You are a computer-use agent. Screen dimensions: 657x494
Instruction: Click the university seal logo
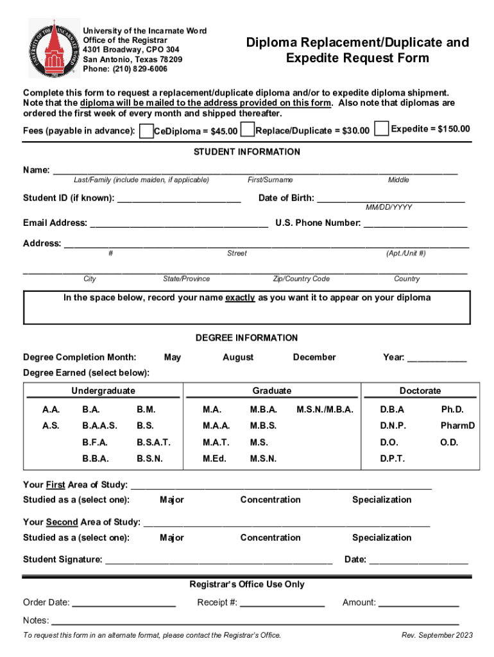coord(52,48)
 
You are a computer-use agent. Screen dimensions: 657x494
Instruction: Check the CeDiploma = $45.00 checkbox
coord(147,132)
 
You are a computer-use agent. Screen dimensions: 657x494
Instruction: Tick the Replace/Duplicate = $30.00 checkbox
coord(247,130)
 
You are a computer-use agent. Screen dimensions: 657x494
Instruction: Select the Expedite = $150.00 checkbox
coord(382,129)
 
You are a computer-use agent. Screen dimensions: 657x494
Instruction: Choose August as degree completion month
coord(238,357)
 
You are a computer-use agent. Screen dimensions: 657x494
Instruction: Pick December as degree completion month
coord(314,357)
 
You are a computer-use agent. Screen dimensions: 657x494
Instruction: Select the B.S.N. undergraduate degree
coord(149,459)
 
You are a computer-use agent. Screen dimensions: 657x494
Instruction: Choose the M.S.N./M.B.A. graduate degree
coord(325,409)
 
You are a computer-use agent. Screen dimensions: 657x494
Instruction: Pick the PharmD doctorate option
coord(457,425)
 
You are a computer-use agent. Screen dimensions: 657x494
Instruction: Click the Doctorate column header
coord(420,391)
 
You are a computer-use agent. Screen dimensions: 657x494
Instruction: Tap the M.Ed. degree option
coord(214,459)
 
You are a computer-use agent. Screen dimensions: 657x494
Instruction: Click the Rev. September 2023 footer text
coord(437,635)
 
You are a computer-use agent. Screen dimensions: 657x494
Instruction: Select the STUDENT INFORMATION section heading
coord(247,152)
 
